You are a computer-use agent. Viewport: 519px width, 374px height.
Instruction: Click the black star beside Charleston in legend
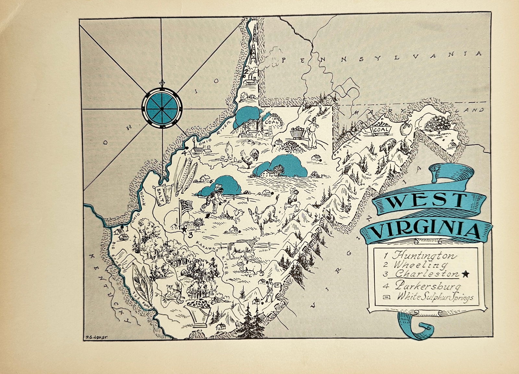pyautogui.click(x=466, y=274)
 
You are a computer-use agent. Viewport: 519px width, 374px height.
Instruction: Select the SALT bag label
pyautogui.click(x=161, y=196)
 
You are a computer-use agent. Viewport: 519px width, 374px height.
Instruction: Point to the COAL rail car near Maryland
pyautogui.click(x=380, y=130)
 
